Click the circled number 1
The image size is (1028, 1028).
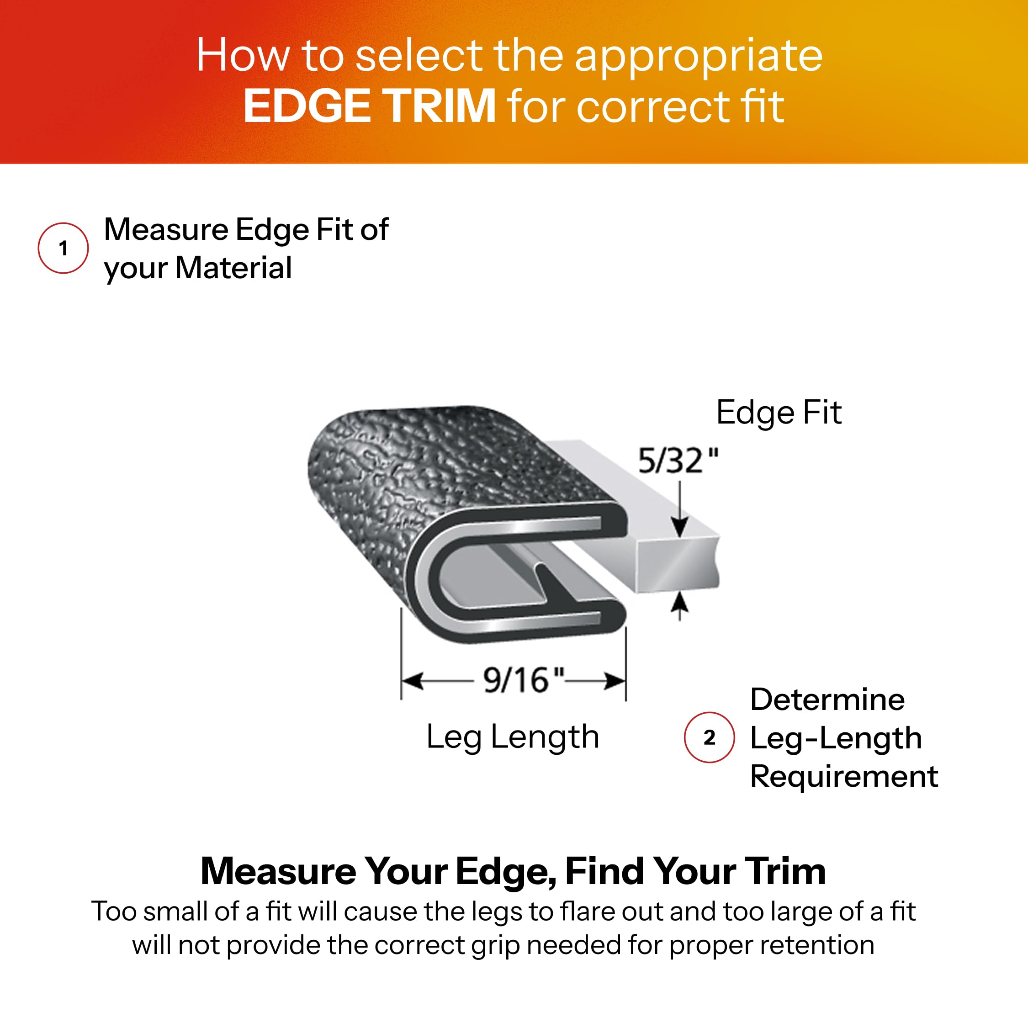click(64, 248)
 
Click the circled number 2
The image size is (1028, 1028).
click(709, 737)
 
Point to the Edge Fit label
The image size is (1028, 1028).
click(779, 413)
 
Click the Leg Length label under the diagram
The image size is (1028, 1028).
click(513, 737)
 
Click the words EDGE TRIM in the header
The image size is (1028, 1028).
click(370, 106)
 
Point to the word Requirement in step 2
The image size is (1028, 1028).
click(844, 776)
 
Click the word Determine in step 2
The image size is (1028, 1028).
click(827, 699)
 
